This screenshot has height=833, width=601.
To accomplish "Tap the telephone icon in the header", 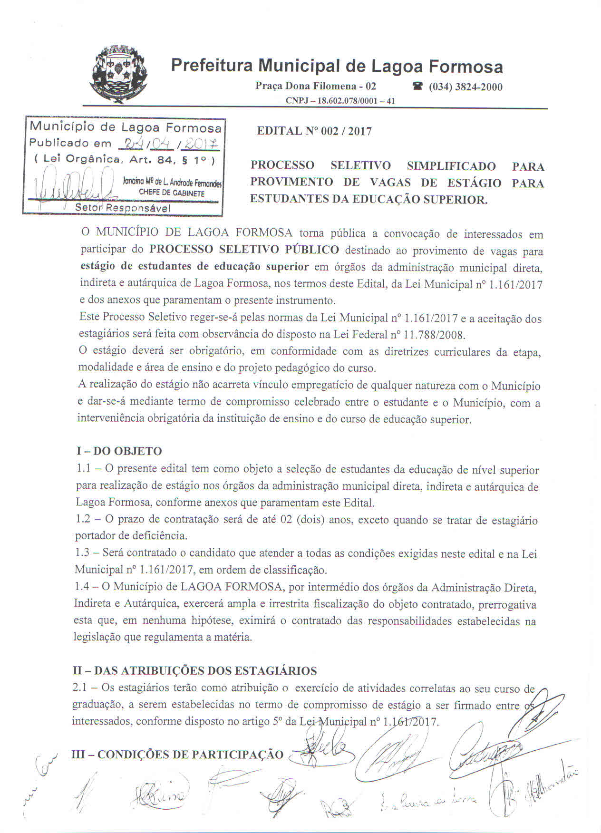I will (417, 87).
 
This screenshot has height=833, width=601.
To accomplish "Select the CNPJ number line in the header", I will (340, 101).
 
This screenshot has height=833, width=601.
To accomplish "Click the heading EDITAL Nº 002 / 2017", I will (314, 131).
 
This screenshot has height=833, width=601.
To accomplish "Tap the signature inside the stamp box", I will (71, 190).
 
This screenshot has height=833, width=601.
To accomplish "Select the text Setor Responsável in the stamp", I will (122, 208).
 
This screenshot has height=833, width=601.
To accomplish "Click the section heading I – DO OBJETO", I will (119, 451).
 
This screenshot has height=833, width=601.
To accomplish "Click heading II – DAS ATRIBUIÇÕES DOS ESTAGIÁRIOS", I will (195, 671).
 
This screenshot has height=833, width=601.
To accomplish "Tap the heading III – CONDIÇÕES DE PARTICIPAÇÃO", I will (177, 755).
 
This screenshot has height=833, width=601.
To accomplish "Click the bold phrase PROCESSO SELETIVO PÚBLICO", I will (244, 250).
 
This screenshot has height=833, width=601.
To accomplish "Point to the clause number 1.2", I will (83, 519).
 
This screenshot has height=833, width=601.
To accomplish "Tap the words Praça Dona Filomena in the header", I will (306, 86).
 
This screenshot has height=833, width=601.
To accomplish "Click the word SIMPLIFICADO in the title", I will (451, 166).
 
